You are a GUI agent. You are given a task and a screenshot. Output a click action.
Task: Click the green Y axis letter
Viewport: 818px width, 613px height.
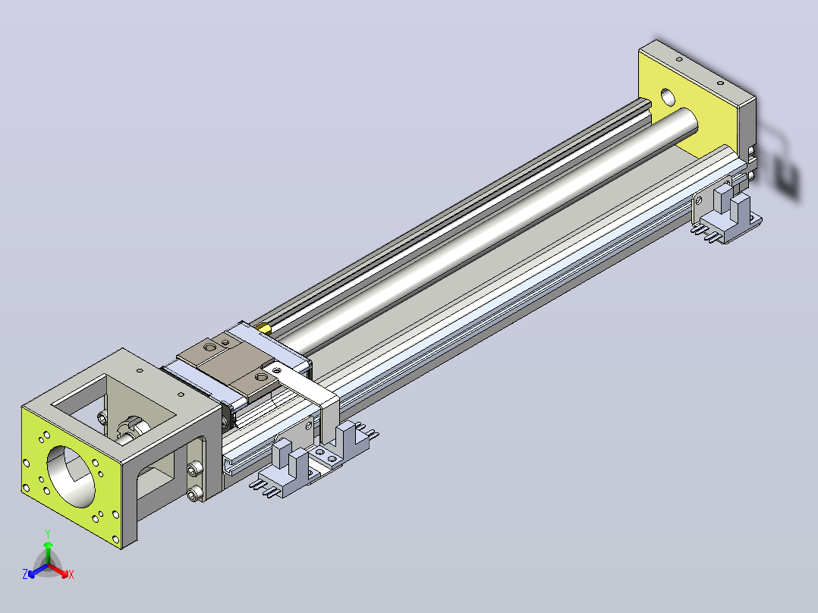click(x=48, y=533)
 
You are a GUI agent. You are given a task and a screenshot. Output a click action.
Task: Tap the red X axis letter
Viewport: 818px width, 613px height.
click(x=71, y=574)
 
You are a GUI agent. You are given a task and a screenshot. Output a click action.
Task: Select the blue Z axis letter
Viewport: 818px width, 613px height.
click(x=24, y=574)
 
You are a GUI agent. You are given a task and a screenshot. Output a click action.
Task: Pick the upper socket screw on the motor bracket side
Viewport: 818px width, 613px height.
click(x=194, y=469)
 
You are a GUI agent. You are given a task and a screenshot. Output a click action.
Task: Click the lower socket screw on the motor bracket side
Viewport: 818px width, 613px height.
click(x=194, y=493)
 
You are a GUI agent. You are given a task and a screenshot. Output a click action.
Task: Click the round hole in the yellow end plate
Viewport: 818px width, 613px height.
click(x=667, y=96)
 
